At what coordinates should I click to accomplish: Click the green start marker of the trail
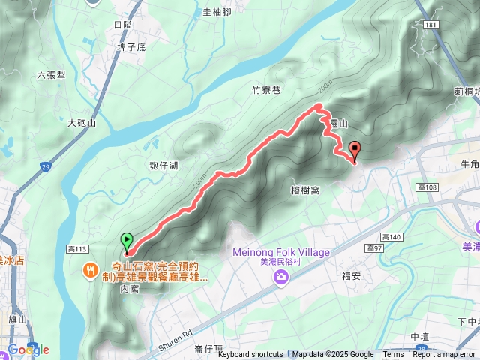click(127, 241)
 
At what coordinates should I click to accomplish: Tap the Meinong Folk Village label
click(281, 252)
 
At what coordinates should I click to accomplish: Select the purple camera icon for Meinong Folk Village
click(281, 278)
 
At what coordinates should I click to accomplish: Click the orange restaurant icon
click(90, 268)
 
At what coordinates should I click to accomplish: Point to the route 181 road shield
click(430, 25)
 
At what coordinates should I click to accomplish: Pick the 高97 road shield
click(375, 247)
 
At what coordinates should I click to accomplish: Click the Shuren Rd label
click(176, 339)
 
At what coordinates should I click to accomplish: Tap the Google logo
click(28, 349)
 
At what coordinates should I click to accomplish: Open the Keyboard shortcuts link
click(250, 355)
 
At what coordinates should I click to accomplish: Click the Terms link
click(393, 355)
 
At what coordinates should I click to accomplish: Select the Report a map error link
click(444, 355)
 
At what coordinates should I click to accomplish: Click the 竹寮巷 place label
click(266, 90)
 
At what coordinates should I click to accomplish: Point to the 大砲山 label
click(82, 123)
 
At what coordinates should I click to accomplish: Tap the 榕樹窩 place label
click(305, 190)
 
